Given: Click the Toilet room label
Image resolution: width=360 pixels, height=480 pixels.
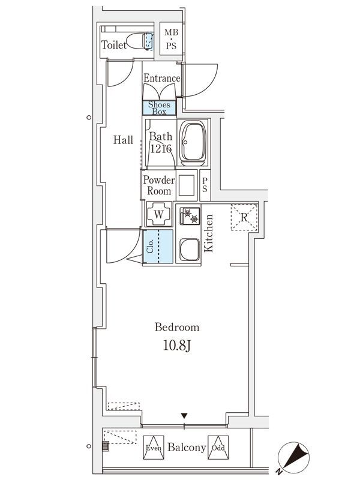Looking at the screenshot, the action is click(113, 45).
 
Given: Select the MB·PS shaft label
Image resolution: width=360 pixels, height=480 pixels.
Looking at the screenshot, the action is click(171, 39).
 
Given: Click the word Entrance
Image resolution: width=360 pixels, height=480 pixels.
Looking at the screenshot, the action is click(162, 78).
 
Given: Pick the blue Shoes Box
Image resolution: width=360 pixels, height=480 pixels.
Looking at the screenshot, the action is click(159, 108).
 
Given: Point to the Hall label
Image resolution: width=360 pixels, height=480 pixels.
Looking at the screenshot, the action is click(123, 140).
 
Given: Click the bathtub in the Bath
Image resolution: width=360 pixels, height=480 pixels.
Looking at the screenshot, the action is click(192, 143).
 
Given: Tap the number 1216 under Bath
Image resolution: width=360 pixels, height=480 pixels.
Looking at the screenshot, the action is click(161, 149).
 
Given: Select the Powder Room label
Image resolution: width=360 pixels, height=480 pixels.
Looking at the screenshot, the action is click(159, 185).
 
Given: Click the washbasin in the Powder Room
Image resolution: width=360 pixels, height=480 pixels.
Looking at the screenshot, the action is click(187, 185).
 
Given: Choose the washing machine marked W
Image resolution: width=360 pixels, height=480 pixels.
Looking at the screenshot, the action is click(158, 214).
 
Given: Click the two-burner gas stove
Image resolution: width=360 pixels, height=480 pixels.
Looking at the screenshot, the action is click(190, 216).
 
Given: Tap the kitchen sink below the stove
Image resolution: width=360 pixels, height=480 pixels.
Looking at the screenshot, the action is click(190, 249).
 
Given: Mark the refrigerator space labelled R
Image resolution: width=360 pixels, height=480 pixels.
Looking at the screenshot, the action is click(244, 217).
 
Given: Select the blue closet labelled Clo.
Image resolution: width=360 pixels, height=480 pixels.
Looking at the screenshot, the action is click(158, 247).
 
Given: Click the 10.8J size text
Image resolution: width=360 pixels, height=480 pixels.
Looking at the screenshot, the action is click(177, 346).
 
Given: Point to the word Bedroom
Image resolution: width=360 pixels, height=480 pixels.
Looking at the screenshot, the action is click(177, 327).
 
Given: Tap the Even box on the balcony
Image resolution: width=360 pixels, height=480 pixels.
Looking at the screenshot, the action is click(154, 448).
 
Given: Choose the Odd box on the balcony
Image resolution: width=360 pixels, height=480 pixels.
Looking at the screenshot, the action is click(218, 448).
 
